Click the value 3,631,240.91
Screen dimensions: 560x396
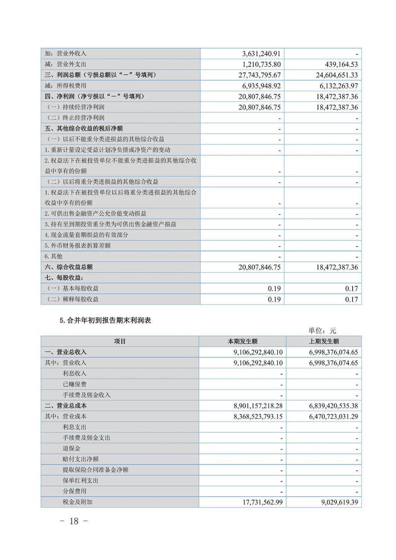tap(261, 53)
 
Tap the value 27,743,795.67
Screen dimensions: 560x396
tap(259, 75)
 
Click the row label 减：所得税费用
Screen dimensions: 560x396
tap(65, 86)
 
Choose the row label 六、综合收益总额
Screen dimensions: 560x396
tap(69, 267)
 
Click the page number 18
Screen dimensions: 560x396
tap(74, 521)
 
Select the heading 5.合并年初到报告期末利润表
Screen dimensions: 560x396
tap(105, 320)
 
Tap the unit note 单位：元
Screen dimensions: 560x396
tap(322, 331)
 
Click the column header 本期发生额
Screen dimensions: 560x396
tap(243, 342)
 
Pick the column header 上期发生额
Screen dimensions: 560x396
tap(324, 342)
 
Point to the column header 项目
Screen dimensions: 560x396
tap(120, 342)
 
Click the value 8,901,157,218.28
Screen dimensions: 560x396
tap(258, 406)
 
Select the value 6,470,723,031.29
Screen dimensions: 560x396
tap(333, 416)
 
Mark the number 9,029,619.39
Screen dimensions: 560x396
tap(340, 502)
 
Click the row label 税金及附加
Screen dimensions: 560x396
tap(78, 502)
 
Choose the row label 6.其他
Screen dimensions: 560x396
tap(53, 256)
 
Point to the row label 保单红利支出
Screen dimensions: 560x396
tap(81, 480)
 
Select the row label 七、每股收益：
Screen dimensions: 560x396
tap(64, 278)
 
